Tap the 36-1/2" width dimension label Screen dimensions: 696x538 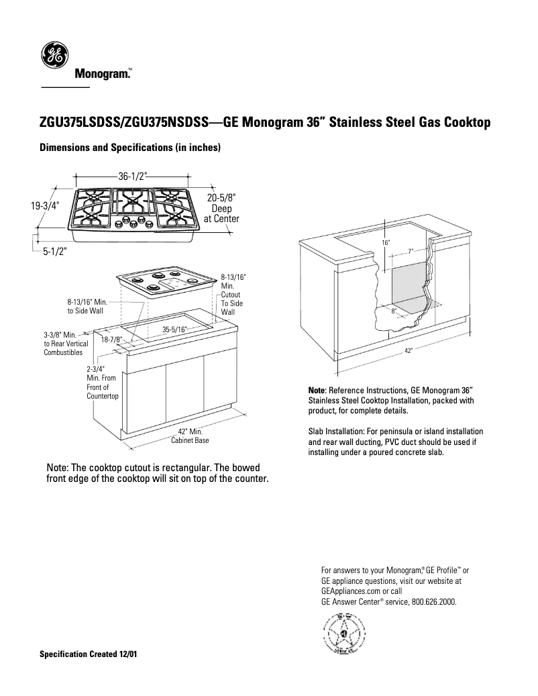(133, 177)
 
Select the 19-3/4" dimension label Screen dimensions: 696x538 (45, 207)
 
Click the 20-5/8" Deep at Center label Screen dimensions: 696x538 (221, 208)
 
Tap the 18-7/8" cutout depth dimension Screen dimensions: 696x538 (111, 340)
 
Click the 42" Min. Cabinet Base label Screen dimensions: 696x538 (190, 436)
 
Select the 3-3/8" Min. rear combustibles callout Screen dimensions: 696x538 (63, 343)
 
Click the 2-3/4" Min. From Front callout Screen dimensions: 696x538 (102, 383)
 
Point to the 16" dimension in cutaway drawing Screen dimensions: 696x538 (386, 242)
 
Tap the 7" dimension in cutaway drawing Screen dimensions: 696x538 (410, 252)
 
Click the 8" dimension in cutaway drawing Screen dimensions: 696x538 (394, 311)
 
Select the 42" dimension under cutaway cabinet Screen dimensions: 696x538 (409, 350)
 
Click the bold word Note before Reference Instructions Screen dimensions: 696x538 (316, 390)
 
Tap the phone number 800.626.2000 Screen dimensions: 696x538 (434, 602)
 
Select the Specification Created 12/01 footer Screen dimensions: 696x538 (89, 654)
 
